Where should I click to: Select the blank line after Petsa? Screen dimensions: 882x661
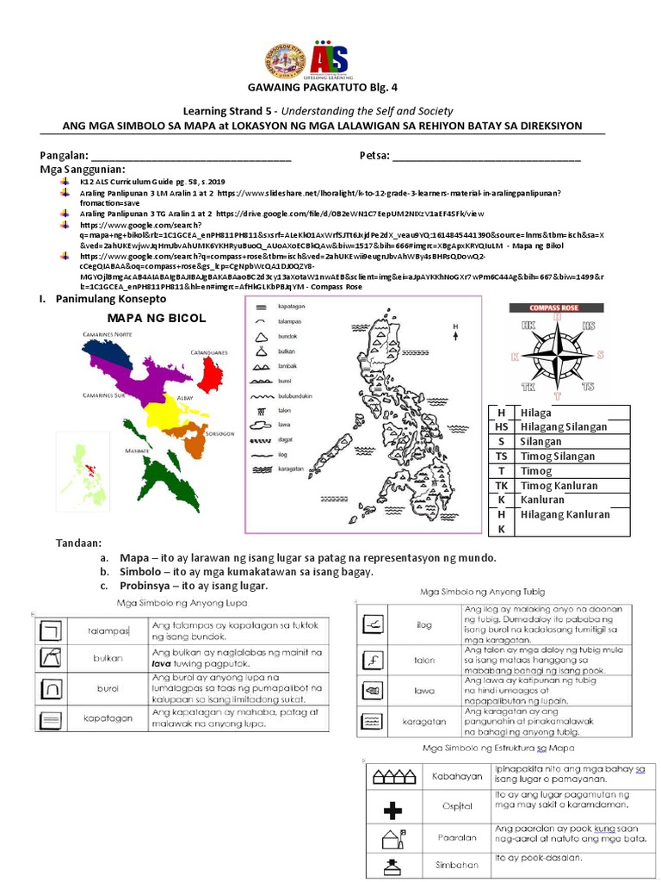pyautogui.click(x=486, y=158)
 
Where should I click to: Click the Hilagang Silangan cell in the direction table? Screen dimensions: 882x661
pyautogui.click(x=563, y=426)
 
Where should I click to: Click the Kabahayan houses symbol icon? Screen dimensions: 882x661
pyautogui.click(x=392, y=777)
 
